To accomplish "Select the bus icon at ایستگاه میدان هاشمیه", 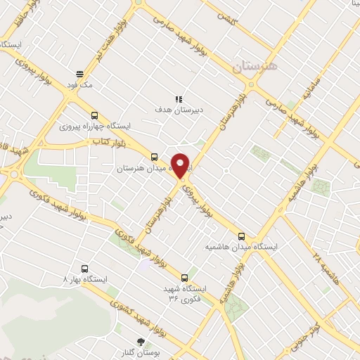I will pos(242,236).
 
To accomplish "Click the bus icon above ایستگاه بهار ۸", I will pos(85,268).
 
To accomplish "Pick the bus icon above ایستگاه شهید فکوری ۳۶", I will pos(185,278).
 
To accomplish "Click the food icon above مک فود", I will pos(80,73).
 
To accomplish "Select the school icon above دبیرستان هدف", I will pos(179,99).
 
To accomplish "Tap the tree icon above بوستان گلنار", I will pos(141,340).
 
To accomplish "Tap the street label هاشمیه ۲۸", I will pos(329,264).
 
